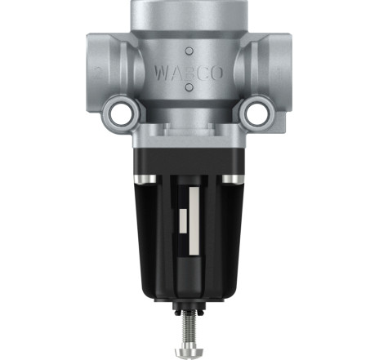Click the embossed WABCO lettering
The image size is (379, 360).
tap(189, 73)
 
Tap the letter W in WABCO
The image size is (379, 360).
tap(161, 73)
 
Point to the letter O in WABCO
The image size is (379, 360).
tap(216, 73)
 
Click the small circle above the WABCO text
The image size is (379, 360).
tap(189, 51)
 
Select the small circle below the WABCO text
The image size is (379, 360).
tap(189, 87)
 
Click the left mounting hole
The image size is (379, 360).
tap(121, 112)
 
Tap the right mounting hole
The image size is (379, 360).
tap(257, 112)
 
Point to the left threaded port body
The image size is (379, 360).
tap(109, 71)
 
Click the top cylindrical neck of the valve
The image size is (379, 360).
tap(189, 15)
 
